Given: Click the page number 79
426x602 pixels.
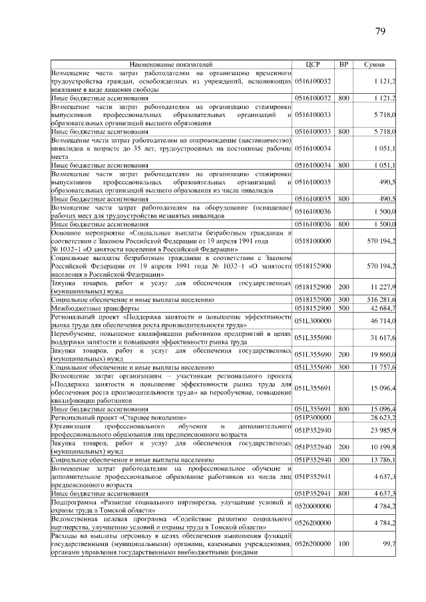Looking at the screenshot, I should [x=381, y=31].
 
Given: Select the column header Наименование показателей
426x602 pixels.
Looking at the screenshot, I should [x=172, y=65].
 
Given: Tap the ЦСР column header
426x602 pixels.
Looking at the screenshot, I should [x=313, y=65].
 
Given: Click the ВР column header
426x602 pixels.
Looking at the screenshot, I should [x=343, y=65].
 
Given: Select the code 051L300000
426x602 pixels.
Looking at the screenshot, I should [x=313, y=321].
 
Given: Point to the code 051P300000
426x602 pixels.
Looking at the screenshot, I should [x=313, y=416].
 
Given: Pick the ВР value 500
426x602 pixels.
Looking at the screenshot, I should [x=343, y=309].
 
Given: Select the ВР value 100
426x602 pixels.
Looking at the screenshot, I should [x=343, y=543].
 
